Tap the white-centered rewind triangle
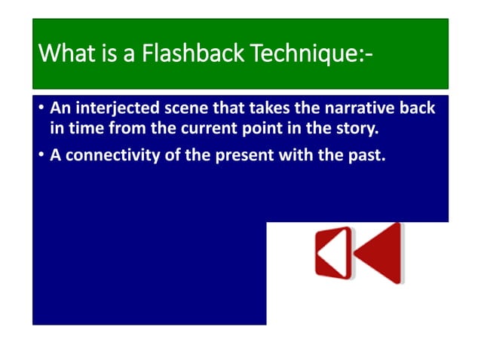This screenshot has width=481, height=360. coord(332,252)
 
